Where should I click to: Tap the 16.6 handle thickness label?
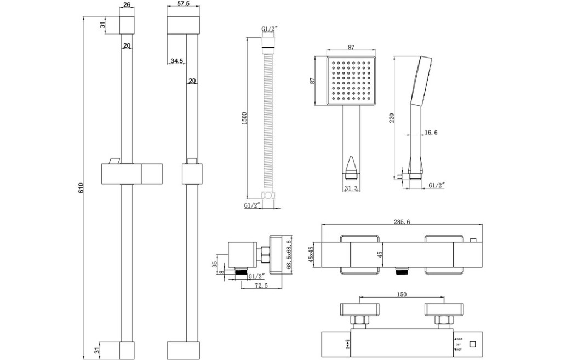point(431,133)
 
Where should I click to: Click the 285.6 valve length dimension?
point(402,222)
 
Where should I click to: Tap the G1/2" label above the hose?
point(270,29)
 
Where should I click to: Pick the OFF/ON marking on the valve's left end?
point(347,344)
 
